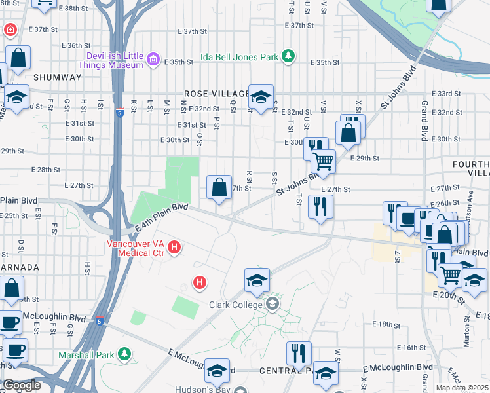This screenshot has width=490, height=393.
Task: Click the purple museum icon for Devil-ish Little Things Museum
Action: tap(153, 60)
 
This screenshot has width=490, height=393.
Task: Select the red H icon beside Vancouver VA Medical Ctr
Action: tap(174, 248)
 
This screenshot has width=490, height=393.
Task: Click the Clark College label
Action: tap(236, 305)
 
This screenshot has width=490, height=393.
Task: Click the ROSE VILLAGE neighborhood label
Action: tap(216, 94)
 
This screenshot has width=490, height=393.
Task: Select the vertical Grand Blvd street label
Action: tap(425, 121)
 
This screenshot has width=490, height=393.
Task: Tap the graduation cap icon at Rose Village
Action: tap(261, 98)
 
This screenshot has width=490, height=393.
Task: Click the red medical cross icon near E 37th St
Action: tap(10, 30)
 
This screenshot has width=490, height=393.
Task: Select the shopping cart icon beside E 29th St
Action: tap(323, 160)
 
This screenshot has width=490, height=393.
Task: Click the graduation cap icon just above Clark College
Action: tap(257, 280)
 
